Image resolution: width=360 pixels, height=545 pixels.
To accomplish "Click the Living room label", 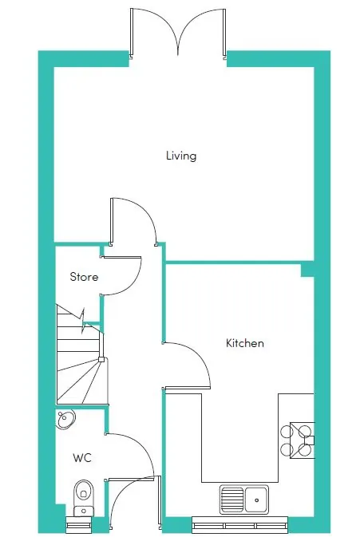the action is pyautogui.click(x=181, y=156).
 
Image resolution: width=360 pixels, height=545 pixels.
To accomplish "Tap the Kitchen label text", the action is pyautogui.click(x=245, y=343).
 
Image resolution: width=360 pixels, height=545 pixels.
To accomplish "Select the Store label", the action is pyautogui.click(x=84, y=277).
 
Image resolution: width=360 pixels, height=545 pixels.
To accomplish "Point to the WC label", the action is pyautogui.click(x=82, y=457).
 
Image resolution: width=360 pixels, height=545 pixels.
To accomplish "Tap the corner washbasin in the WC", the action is pyautogui.click(x=65, y=419).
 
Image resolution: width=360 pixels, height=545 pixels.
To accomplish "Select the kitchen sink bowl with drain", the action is pyautogui.click(x=256, y=500).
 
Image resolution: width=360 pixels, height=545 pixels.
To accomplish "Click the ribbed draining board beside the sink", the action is pyautogui.click(x=232, y=500).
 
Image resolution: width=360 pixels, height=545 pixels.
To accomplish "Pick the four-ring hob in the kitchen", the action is pyautogui.click(x=298, y=440).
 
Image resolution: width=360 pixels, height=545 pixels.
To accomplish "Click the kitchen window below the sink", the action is pyautogui.click(x=240, y=525).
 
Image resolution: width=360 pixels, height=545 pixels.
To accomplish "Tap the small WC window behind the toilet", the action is pyautogui.click(x=78, y=524).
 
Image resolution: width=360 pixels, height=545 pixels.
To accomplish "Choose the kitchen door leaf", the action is pyautogui.click(x=188, y=388).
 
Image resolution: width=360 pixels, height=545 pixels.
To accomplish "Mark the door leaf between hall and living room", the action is pyautogui.click(x=112, y=221).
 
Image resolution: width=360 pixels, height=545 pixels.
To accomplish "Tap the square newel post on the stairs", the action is pyautogui.click(x=101, y=359).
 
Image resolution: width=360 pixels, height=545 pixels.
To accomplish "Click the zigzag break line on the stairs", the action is pyautogui.click(x=83, y=321).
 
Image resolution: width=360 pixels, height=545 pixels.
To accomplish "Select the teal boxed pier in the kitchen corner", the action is pyautogui.click(x=307, y=270).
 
